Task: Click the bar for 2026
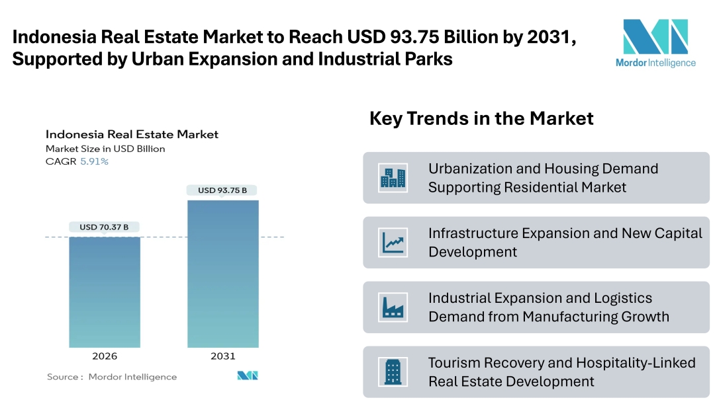105,292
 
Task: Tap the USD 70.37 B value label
104,227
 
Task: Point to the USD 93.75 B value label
222,190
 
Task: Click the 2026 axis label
105,356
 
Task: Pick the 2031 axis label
222,356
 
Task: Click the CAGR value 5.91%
94,161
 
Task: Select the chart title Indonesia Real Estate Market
132,134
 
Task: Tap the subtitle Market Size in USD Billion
105,149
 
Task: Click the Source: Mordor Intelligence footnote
112,377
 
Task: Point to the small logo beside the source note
248,376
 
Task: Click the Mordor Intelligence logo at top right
655,43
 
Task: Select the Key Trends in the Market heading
481,118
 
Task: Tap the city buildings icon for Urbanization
393,178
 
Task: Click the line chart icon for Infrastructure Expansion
393,243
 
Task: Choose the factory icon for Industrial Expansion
393,307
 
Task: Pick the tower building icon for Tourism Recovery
393,372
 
